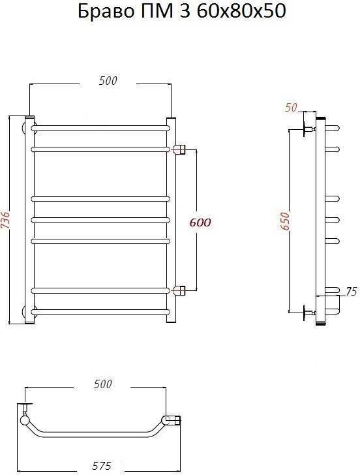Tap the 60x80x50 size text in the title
click(x=241, y=12)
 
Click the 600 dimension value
click(x=200, y=222)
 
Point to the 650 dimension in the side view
click(x=285, y=221)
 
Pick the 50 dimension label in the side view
click(x=291, y=108)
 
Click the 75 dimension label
click(x=351, y=292)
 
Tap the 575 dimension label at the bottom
click(x=102, y=466)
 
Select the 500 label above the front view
click(x=108, y=81)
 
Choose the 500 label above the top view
click(x=102, y=384)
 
